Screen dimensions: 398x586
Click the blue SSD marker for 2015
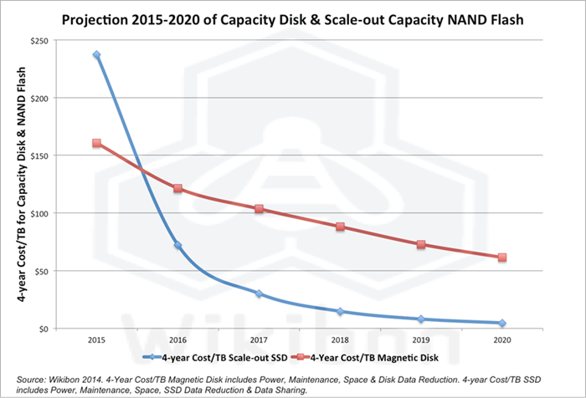tap(96, 55)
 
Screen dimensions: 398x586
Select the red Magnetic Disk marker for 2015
tap(96, 143)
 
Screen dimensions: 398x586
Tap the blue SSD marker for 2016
tap(177, 245)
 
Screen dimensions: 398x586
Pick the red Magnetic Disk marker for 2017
tap(259, 209)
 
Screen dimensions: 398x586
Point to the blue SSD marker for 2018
tap(340, 311)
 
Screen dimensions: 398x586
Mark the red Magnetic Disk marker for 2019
tap(421, 244)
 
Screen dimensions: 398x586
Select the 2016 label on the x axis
tap(177, 341)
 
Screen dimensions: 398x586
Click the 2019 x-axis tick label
tap(421, 341)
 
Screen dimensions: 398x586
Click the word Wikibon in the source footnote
tap(64, 377)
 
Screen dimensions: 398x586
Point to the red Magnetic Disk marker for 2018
tap(340, 227)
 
